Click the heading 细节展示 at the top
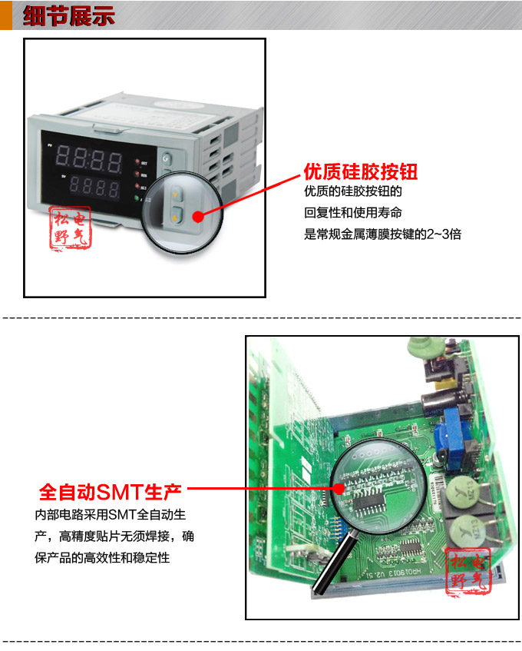click(69, 15)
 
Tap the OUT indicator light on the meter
click(138, 162)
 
